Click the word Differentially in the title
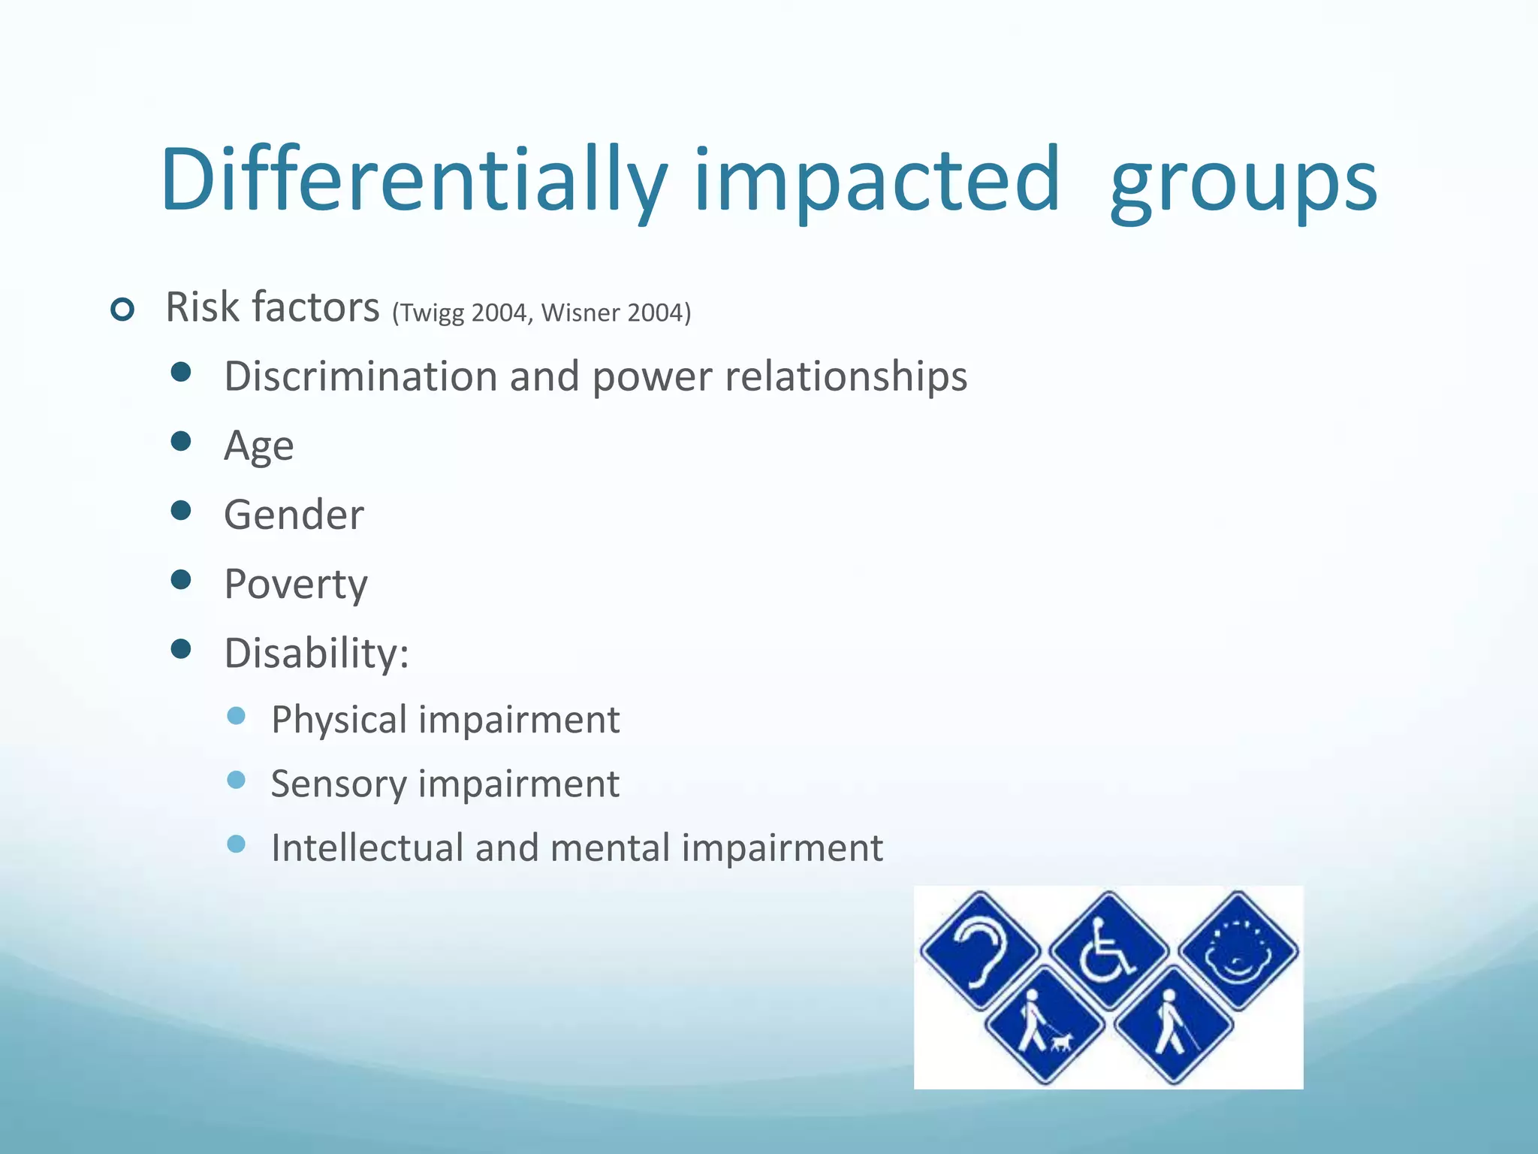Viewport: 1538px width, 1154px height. [413, 180]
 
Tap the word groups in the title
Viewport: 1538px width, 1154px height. [1243, 184]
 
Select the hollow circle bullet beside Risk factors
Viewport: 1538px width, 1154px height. [122, 309]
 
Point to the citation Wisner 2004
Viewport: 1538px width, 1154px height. [611, 313]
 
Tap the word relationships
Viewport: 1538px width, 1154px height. [846, 376]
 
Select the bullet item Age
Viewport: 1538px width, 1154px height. [259, 446]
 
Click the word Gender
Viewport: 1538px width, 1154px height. [294, 515]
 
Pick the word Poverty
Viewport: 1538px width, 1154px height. [296, 585]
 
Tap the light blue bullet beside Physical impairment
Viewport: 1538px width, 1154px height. [236, 716]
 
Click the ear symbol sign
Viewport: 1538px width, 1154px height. [980, 950]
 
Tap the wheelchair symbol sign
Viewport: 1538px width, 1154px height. [1108, 950]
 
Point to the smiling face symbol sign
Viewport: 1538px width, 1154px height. [1238, 950]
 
